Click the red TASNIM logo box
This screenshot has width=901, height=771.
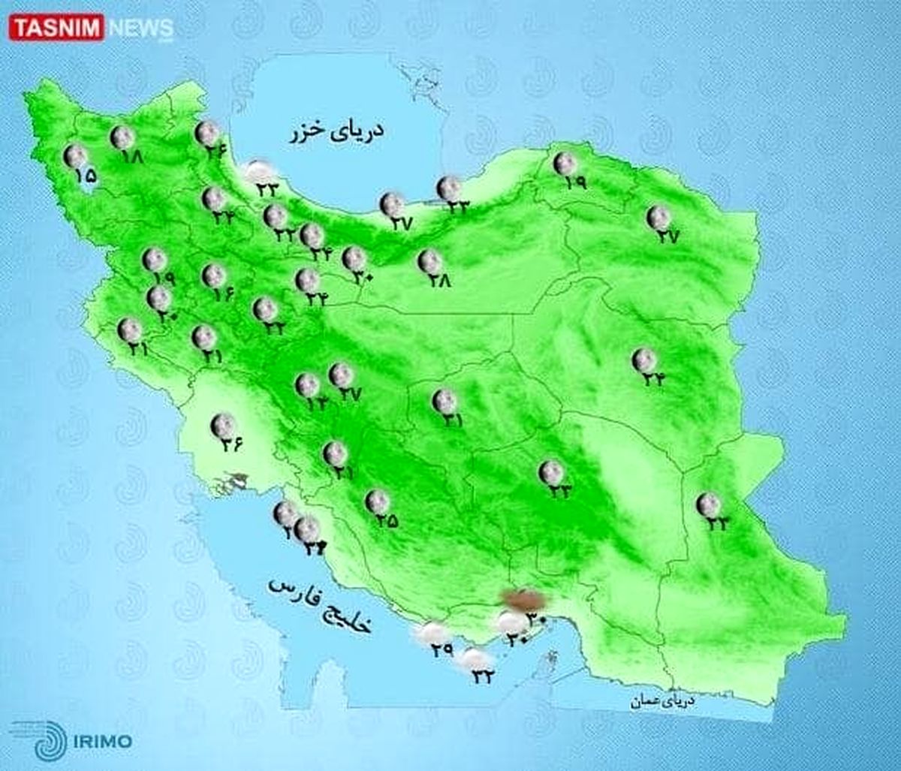pyautogui.click(x=56, y=28)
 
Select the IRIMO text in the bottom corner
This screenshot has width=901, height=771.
pyautogui.click(x=103, y=742)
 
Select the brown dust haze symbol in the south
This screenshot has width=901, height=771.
pyautogui.click(x=523, y=599)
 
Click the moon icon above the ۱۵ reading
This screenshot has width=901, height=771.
pyautogui.click(x=75, y=156)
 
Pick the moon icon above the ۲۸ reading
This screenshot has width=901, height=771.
pyautogui.click(x=430, y=261)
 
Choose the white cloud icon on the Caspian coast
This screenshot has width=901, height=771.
pyautogui.click(x=259, y=170)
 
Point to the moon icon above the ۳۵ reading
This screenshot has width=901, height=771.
pyautogui.click(x=377, y=501)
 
